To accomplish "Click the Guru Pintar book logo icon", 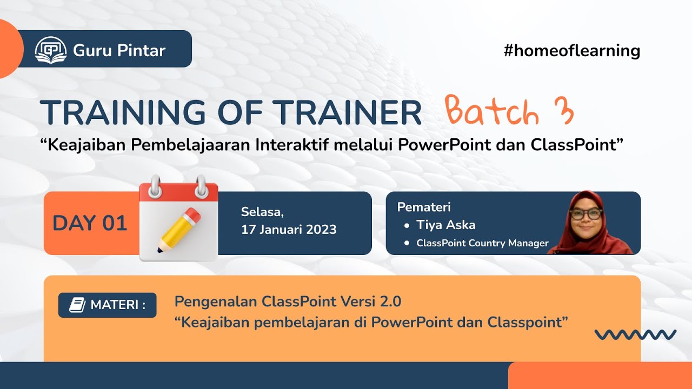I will pyautogui.click(x=50, y=50).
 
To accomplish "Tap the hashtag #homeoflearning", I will pyautogui.click(x=571, y=51).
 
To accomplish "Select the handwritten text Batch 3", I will pyautogui.click(x=508, y=112).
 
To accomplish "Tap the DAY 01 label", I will pyautogui.click(x=90, y=223).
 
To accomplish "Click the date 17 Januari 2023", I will pyautogui.click(x=289, y=230).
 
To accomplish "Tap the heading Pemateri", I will pyautogui.click(x=424, y=207).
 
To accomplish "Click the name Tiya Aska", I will pyautogui.click(x=445, y=225).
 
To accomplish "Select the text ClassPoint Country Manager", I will pyautogui.click(x=482, y=243).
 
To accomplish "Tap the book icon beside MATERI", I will pyautogui.click(x=77, y=305).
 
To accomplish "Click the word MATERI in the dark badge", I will pyautogui.click(x=115, y=305).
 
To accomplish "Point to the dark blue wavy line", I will pyautogui.click(x=635, y=335).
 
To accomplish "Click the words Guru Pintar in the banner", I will pyautogui.click(x=119, y=51).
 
